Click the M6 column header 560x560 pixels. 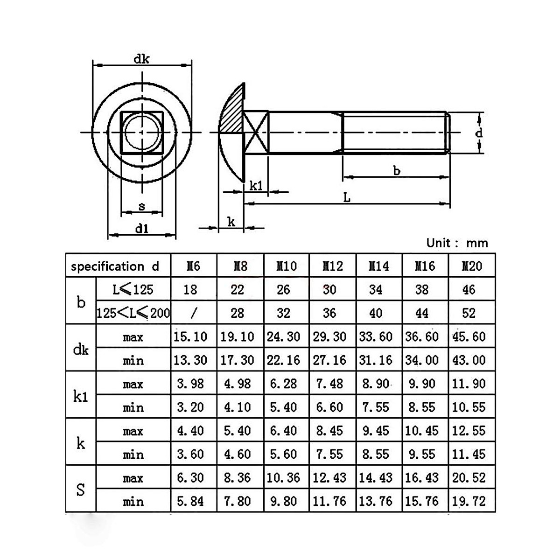tap(193, 266)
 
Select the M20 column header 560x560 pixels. tap(472, 266)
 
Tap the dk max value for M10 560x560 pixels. tap(283, 336)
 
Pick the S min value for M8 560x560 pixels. tap(237, 501)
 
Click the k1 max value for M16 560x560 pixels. tap(422, 384)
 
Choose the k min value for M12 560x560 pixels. tap(329, 454)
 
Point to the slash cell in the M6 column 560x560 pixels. tap(194, 313)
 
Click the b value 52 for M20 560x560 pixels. tap(469, 313)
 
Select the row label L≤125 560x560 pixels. tap(133, 289)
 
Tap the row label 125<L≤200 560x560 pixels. tap(133, 313)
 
